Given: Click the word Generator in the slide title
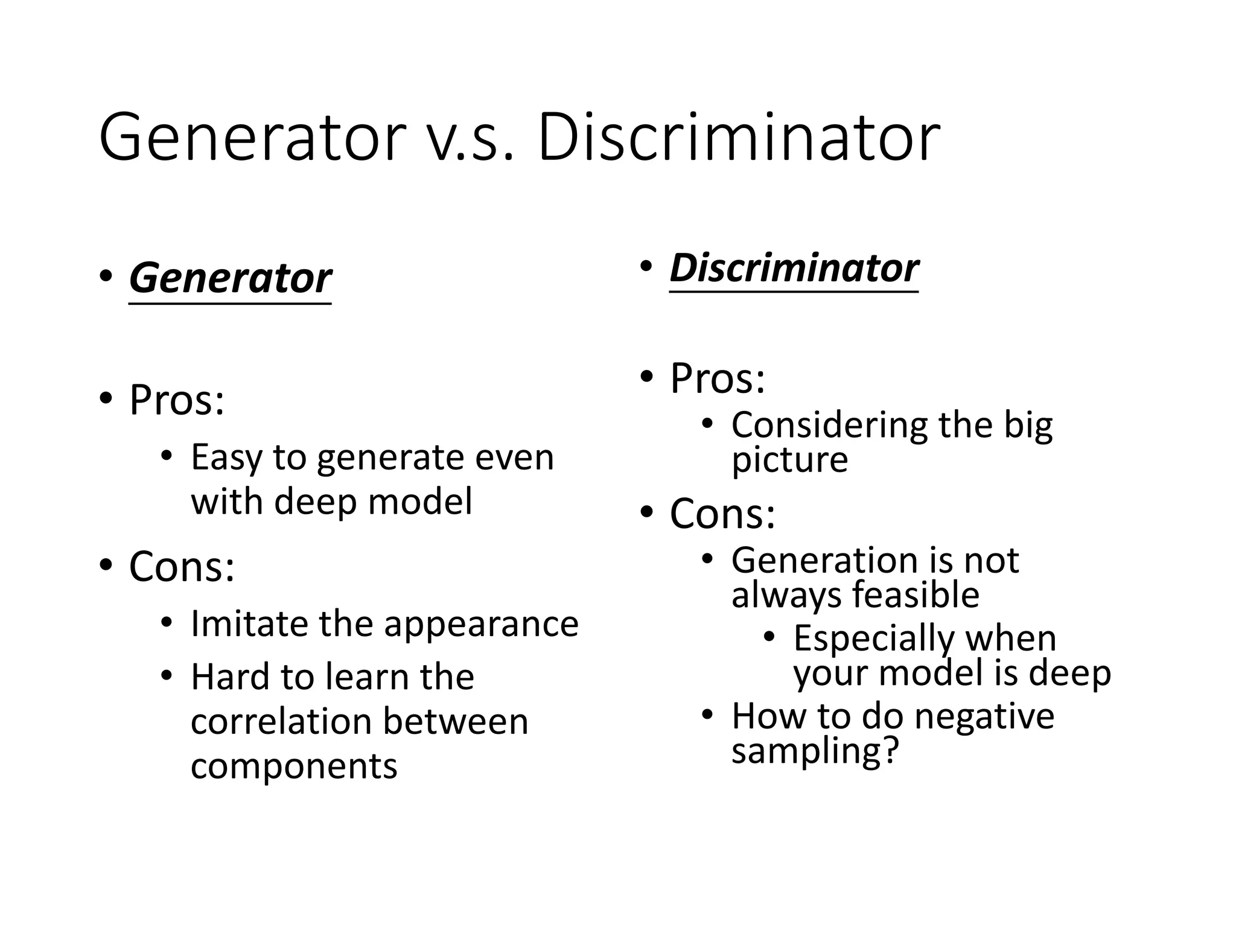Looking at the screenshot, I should pyautogui.click(x=252, y=138).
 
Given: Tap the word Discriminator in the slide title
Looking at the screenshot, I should pyautogui.click(x=739, y=138).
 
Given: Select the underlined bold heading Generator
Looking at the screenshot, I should pyautogui.click(x=230, y=279).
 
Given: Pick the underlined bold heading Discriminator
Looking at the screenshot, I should pyautogui.click(x=794, y=268).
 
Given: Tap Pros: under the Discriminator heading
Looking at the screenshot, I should pyautogui.click(x=718, y=378).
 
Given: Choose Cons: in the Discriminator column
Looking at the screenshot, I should pyautogui.click(x=722, y=514).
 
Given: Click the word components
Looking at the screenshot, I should pyautogui.click(x=294, y=766).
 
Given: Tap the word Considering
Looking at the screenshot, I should pyautogui.click(x=829, y=426).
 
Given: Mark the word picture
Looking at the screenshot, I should pyautogui.click(x=789, y=460).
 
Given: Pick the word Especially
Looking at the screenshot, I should pyautogui.click(x=873, y=639).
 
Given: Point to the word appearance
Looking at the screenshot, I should pyautogui.click(x=481, y=625).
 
